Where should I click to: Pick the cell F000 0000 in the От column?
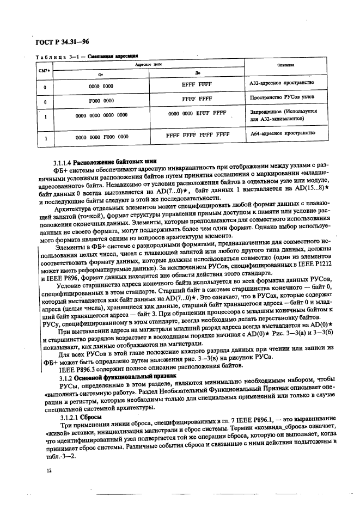coord(101,101)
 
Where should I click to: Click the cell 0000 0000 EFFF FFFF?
coord(197,114)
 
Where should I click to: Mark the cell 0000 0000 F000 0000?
coord(101,138)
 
